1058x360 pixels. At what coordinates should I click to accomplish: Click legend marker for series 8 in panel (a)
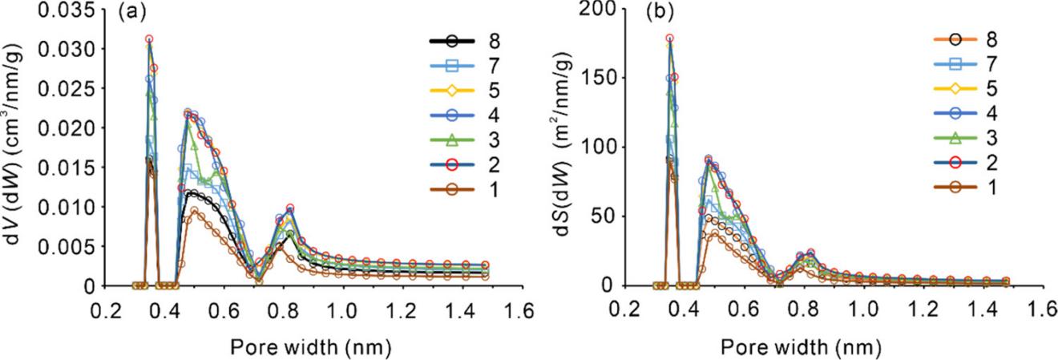(x=454, y=40)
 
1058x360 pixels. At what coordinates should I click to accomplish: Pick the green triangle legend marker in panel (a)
(x=454, y=143)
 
